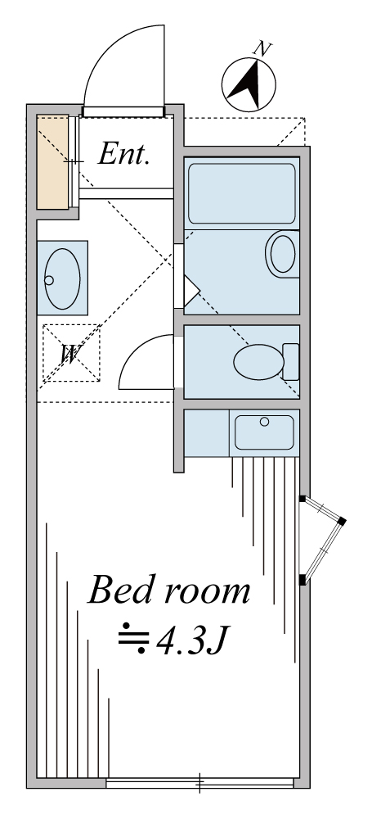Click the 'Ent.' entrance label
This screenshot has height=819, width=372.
click(x=124, y=154)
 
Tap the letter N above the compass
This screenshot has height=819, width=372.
click(x=262, y=49)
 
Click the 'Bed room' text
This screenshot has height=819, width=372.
click(x=168, y=590)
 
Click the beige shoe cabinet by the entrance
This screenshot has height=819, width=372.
click(x=52, y=162)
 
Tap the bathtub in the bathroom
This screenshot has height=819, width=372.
click(x=241, y=193)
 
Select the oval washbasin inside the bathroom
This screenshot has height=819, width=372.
click(x=283, y=255)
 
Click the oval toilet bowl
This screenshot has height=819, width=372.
click(x=259, y=362)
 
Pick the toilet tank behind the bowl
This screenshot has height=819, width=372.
click(x=290, y=362)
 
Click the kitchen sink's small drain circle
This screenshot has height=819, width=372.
click(x=265, y=422)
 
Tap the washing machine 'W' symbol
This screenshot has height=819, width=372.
click(x=71, y=353)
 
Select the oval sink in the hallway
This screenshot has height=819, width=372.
click(x=62, y=278)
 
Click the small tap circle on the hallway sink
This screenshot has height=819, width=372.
click(x=49, y=280)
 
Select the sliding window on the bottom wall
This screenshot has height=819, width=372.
click(x=199, y=783)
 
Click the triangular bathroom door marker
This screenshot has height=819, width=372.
click(x=191, y=291)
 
